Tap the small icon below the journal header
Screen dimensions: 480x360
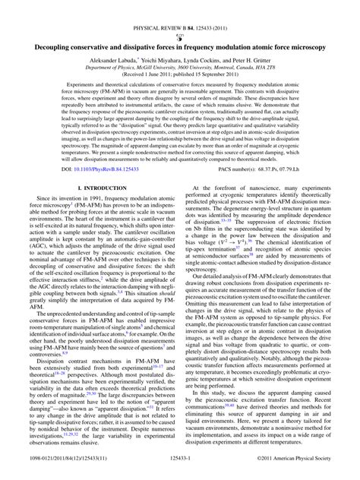tap(180, 17)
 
